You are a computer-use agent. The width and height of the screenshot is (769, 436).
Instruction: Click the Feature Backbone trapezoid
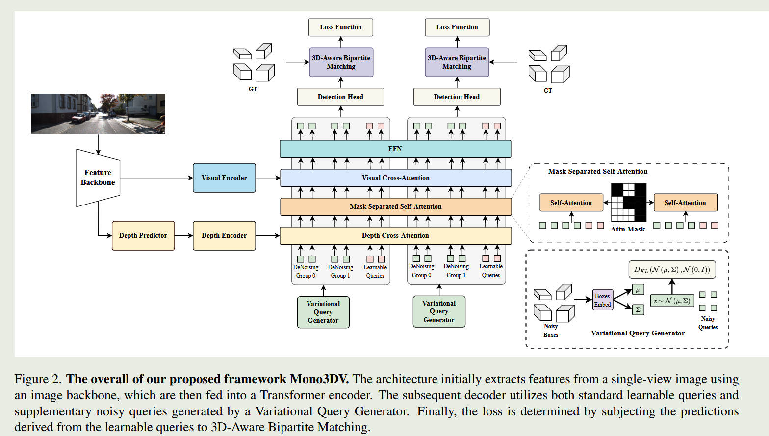click(98, 178)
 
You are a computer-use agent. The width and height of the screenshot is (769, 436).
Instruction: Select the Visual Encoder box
click(224, 178)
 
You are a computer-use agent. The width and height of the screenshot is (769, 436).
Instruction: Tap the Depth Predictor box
click(143, 236)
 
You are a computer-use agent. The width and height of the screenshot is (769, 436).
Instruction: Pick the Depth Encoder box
click(224, 236)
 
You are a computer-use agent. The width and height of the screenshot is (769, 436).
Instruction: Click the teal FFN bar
click(395, 149)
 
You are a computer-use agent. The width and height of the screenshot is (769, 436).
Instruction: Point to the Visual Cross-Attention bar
click(395, 178)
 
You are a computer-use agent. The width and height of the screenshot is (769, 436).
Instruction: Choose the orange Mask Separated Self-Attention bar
click(395, 206)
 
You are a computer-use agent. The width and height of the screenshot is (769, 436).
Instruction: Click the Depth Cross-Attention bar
click(395, 236)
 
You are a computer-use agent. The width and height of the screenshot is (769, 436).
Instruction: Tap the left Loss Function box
click(341, 27)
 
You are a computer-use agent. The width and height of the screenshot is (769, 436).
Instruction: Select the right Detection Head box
click(457, 97)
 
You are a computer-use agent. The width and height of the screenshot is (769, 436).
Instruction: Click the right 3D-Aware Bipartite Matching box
click(457, 62)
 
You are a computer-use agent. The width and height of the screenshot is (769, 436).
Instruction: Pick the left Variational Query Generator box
click(323, 312)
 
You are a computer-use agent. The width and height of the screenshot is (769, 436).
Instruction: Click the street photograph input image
click(98, 114)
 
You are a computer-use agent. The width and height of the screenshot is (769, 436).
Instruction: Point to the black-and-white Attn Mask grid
click(628, 202)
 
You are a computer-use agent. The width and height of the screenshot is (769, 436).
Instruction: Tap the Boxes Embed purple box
click(603, 300)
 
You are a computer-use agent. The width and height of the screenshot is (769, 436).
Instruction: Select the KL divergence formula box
click(672, 269)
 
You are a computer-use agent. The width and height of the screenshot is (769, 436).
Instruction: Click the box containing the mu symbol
click(638, 290)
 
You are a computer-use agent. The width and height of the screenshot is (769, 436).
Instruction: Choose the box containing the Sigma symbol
click(638, 309)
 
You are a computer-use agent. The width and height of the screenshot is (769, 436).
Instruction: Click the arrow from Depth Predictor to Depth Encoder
click(183, 236)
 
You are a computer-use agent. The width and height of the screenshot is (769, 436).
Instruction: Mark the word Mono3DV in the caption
click(319, 379)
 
